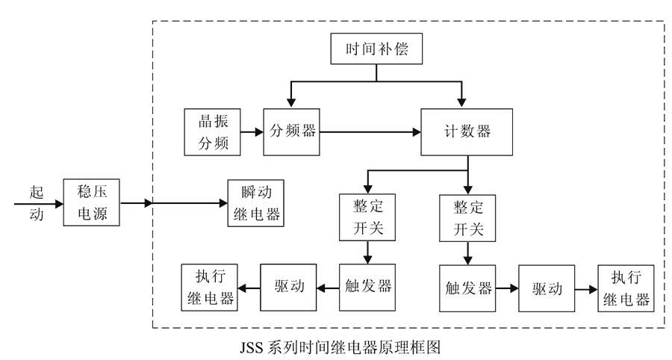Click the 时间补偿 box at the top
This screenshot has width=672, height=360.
(x=377, y=50)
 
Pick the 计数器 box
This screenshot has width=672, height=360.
(x=467, y=132)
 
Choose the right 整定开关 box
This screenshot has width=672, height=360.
(x=468, y=217)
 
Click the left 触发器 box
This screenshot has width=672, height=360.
(x=367, y=288)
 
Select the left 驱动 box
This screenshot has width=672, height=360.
(x=287, y=288)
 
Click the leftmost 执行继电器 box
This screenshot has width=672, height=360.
(x=209, y=288)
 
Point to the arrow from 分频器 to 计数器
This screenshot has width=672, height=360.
(x=370, y=132)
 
